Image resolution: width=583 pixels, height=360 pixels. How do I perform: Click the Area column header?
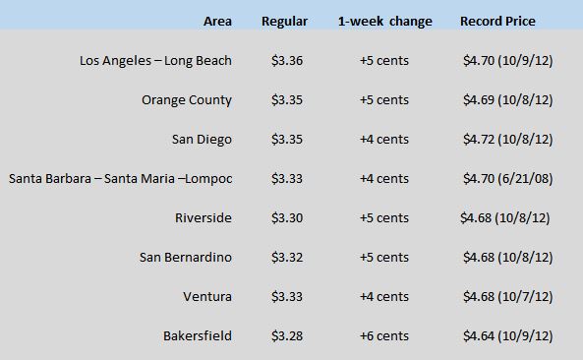pos(217,22)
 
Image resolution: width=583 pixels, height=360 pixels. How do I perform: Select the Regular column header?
pos(284,22)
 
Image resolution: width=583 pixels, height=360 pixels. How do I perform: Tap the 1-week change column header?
pos(385,22)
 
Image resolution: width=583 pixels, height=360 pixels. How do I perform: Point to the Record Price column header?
pos(497,22)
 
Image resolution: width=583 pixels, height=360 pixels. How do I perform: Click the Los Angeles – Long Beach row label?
pos(155,61)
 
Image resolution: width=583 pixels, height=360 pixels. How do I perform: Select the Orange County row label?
pos(187,100)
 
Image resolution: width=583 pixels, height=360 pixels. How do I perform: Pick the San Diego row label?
pos(202,140)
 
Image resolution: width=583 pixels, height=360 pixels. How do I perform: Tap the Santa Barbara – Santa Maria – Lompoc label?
pos(121,179)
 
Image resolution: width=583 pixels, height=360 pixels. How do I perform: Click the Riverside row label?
pos(204,218)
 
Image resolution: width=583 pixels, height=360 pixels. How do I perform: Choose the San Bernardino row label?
pos(186,258)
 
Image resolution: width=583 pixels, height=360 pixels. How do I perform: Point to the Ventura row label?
pos(207,297)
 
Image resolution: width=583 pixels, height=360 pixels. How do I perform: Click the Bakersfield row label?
pos(198,336)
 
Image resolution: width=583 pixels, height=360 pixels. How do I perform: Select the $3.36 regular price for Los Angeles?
pos(287,61)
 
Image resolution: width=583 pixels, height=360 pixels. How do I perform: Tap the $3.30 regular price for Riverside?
pos(287,218)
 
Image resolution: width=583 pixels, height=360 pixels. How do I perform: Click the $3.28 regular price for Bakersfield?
pos(287,336)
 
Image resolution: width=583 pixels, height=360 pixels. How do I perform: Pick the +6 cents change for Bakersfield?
pos(384,336)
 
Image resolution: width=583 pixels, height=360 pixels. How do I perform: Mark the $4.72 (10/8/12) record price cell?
pos(508,140)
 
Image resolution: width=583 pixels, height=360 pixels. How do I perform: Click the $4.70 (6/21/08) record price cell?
pos(508,179)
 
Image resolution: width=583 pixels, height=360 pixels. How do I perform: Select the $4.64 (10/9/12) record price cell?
pos(508,336)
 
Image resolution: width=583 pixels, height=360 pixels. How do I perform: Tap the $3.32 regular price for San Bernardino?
pos(287,258)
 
